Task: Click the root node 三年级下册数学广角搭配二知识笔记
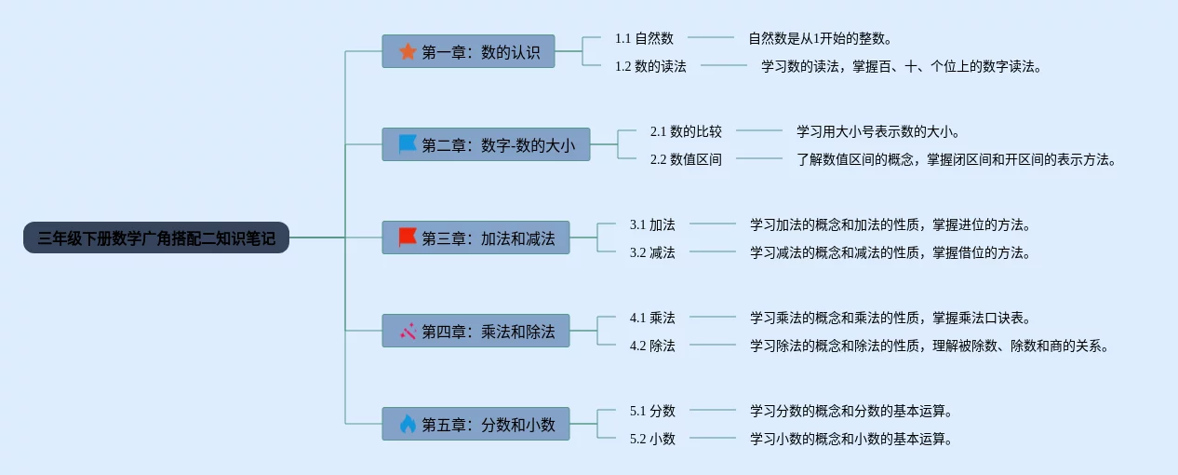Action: pos(156,238)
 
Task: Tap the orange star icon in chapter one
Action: pos(408,51)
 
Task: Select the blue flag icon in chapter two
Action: pos(408,144)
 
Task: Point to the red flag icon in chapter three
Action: pos(408,237)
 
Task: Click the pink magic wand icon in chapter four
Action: pos(408,331)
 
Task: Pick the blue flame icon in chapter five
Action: pos(408,424)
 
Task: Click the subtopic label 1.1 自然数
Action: pos(644,38)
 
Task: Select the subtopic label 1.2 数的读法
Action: pos(650,66)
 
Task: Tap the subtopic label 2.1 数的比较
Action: pos(686,131)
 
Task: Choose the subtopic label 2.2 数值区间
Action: pos(686,159)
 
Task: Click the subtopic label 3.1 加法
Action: pos(652,224)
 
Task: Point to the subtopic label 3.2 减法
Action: pos(652,252)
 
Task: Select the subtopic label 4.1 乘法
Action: pos(652,318)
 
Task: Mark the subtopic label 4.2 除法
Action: pos(652,346)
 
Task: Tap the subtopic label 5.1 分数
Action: pos(652,411)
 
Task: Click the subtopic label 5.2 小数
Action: pos(652,439)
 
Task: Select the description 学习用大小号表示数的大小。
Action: pos(878,131)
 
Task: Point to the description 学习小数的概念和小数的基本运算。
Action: pos(851,439)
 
